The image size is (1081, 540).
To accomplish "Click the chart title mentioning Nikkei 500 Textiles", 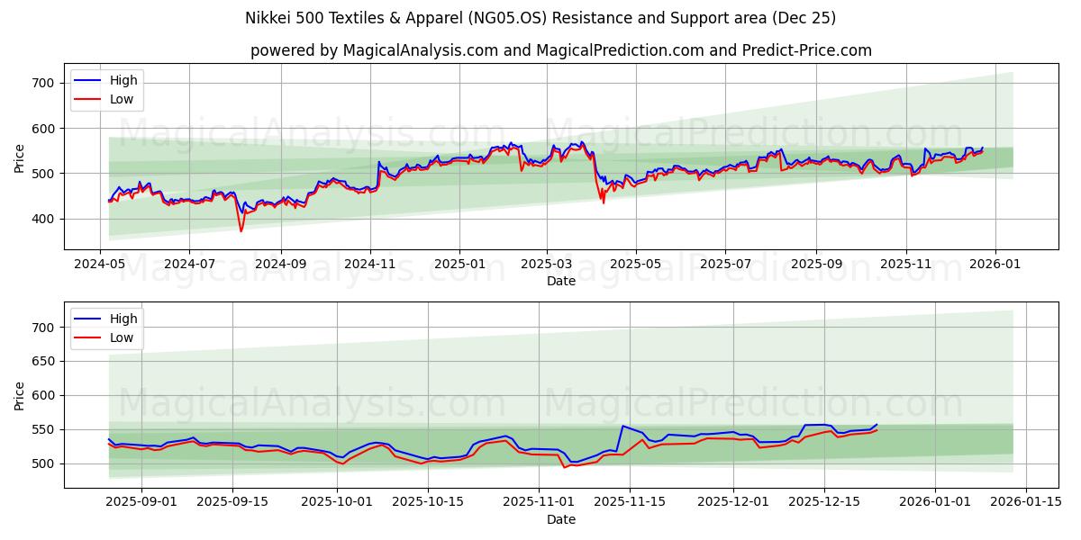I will tap(540, 18).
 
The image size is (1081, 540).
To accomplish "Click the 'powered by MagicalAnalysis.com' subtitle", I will tap(560, 50).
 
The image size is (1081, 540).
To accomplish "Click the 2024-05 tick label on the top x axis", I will tap(100, 265).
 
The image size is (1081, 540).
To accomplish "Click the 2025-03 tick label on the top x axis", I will tap(547, 265).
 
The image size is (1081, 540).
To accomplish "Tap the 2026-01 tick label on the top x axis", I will tap(995, 265).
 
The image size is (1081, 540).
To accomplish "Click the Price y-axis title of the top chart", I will tap(20, 158).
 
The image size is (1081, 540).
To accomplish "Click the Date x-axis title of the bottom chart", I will tap(560, 519).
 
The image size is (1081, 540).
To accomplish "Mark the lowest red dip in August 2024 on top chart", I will tap(241, 231).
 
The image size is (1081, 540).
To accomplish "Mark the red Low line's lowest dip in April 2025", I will tap(604, 202).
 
